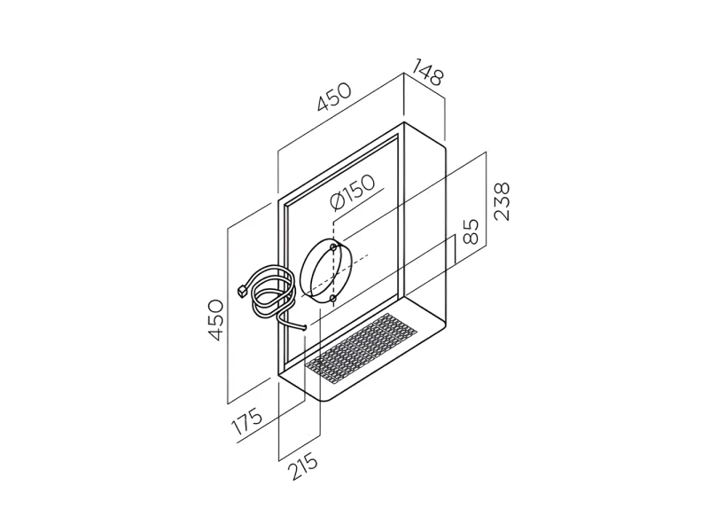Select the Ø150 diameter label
coord(353,192)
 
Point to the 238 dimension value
coord(502,201)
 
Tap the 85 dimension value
coord(471,232)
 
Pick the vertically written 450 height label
coord(215,319)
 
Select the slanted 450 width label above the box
coord(334,97)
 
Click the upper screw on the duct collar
coord(333,247)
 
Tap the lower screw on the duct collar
coord(333,299)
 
